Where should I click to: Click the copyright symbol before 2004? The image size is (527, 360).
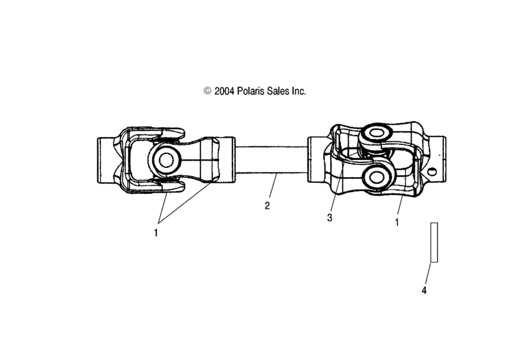207,90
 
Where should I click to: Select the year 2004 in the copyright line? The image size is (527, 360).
224,90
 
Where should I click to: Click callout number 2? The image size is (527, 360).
267,206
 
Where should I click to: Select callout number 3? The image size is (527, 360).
330,217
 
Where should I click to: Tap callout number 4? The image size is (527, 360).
424,289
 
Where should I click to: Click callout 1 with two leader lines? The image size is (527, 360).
156,233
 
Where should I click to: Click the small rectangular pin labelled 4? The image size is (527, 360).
434,242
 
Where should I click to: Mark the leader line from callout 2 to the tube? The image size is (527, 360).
272,188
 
